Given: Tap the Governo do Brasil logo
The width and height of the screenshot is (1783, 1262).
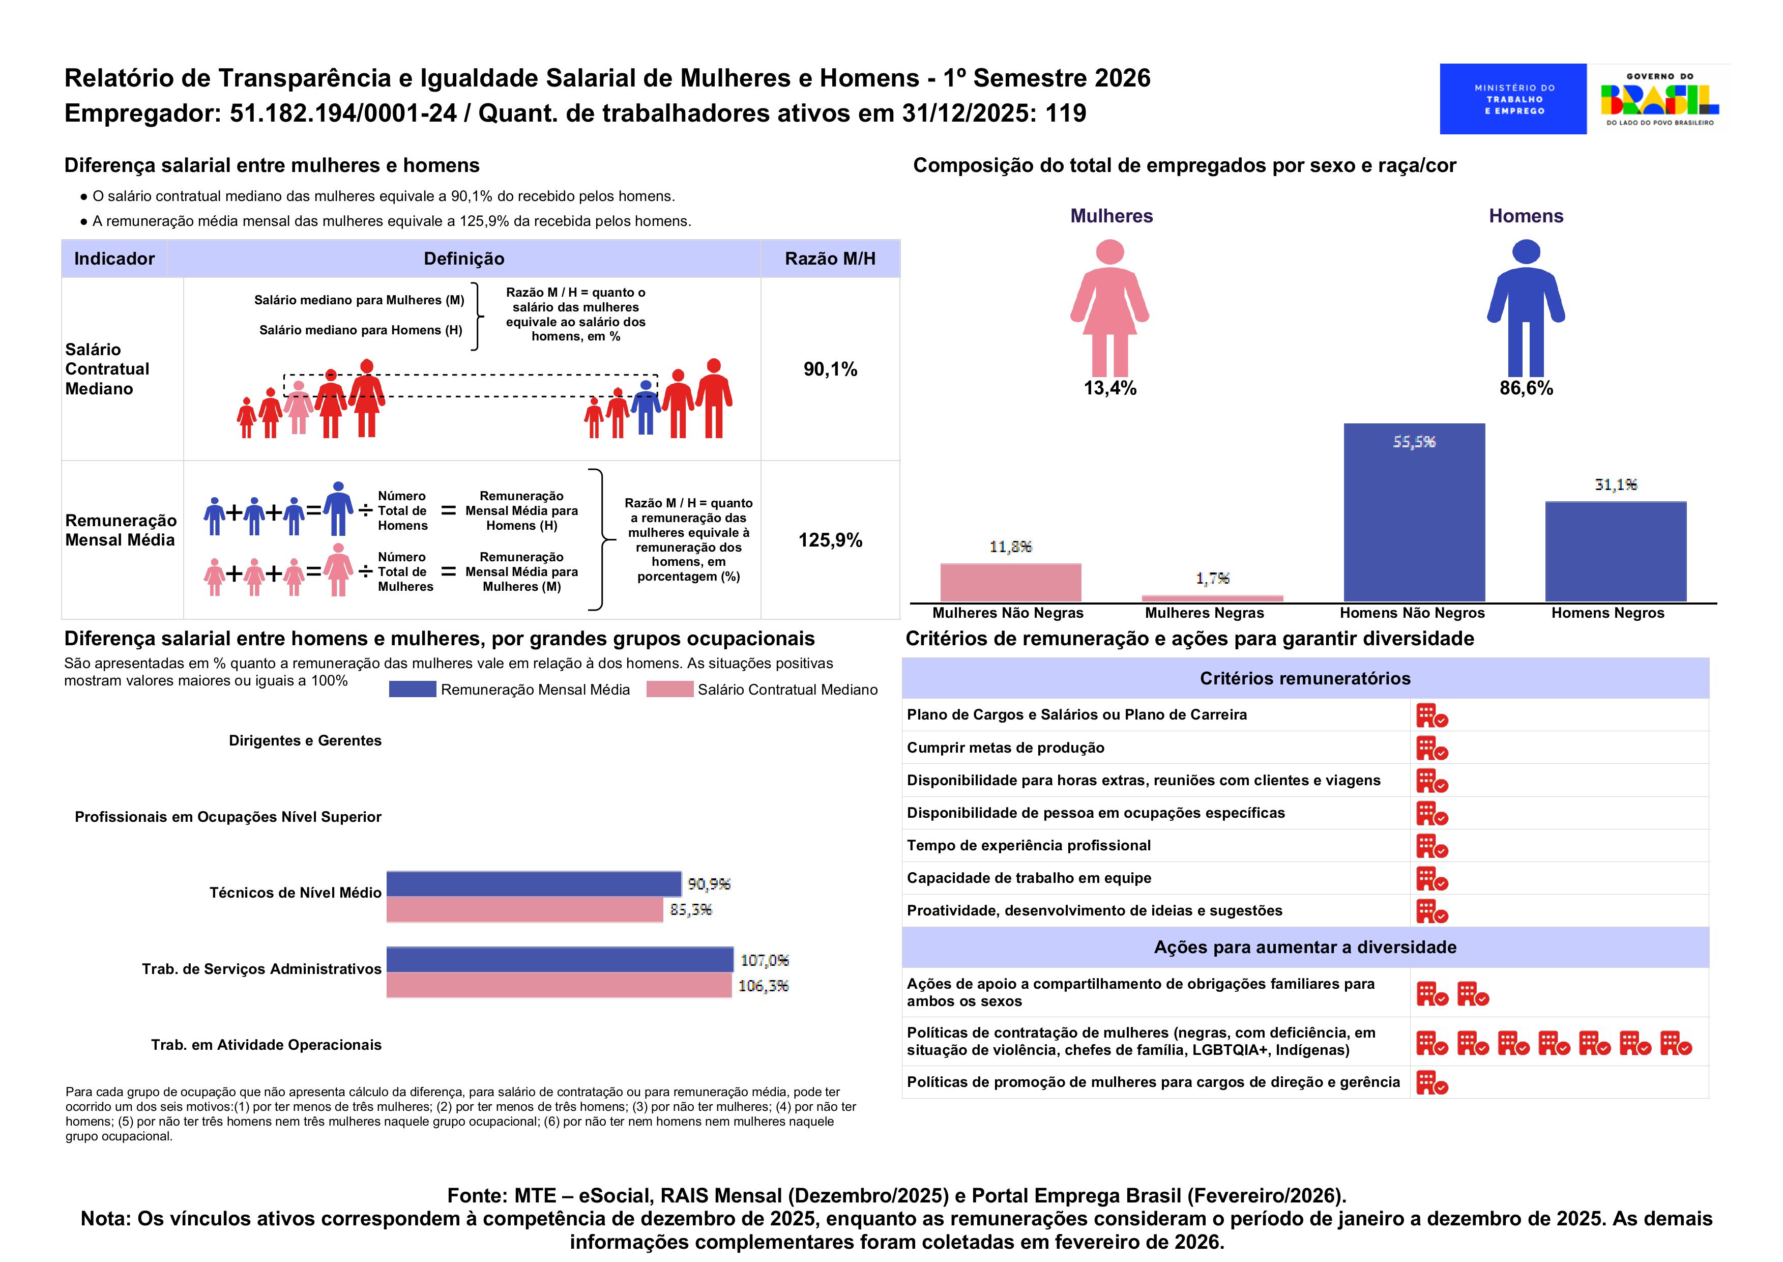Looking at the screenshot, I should coord(1659,99).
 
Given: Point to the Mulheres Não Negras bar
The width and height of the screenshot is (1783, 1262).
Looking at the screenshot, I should coord(1010,582).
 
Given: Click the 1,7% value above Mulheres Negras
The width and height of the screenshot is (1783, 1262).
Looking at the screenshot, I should coord(1212,578).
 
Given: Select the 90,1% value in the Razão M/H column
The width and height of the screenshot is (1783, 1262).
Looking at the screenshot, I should coord(830,369).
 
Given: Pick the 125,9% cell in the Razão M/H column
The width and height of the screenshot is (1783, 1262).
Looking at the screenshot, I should coord(830,540).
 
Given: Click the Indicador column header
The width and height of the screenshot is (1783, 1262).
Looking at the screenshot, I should coord(114,259).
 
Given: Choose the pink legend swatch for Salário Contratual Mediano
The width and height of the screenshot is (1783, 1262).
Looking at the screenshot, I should coord(669,690).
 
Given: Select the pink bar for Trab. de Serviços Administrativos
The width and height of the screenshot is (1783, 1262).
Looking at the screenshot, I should coord(559,985).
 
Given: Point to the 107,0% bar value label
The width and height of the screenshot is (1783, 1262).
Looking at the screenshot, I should coord(764,960).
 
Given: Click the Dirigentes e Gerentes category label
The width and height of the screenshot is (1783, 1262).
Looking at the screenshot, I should coord(305,740).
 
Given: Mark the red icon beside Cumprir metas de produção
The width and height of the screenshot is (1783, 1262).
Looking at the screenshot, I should coord(1431,749).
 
